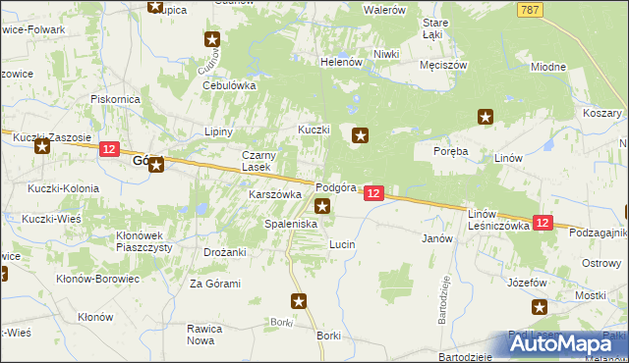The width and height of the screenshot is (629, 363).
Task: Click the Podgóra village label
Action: click(334, 187)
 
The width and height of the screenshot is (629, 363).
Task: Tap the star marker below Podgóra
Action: click(322, 206)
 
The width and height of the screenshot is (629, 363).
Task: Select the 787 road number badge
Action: click(530, 9)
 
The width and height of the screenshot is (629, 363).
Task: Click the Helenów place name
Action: click(342, 61)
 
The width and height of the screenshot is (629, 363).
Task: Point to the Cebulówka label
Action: click(229, 85)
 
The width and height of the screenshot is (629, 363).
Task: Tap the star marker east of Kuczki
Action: click(361, 137)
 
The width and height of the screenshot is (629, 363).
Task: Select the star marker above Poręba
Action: click(486, 118)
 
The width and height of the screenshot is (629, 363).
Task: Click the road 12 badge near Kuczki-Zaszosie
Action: click(109, 149)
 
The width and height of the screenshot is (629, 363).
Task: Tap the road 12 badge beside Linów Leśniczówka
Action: click(543, 224)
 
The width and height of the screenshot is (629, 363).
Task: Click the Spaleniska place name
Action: click(290, 225)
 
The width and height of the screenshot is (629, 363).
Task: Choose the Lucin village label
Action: click(342, 243)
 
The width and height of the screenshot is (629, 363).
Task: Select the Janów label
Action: click(436, 238)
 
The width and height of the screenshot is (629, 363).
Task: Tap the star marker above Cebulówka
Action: click(212, 40)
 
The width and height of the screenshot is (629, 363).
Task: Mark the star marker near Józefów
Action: click(540, 307)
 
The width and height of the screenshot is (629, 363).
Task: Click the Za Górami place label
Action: click(215, 284)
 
